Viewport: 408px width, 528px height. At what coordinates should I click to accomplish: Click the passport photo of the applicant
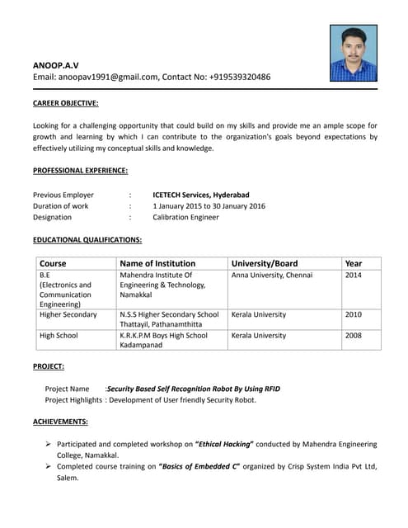(x=353, y=53)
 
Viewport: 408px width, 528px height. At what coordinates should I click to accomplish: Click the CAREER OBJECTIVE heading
(x=65, y=103)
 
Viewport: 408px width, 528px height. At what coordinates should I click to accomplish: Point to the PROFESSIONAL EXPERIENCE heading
(x=80, y=170)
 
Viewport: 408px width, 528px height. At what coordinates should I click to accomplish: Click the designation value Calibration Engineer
(x=185, y=217)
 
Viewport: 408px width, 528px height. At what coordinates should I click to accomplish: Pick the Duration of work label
(x=60, y=206)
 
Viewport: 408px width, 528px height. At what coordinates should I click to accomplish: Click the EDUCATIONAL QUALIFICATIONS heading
(x=87, y=240)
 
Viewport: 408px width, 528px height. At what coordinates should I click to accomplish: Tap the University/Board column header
(x=265, y=263)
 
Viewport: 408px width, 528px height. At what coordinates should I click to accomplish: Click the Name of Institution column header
(x=157, y=263)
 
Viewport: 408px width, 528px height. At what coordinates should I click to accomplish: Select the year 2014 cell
(x=353, y=276)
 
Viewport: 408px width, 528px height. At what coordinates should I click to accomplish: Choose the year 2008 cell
(x=353, y=336)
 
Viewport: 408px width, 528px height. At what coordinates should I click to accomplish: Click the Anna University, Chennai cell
(x=272, y=276)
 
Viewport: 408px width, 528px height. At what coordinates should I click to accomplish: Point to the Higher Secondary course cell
(x=68, y=314)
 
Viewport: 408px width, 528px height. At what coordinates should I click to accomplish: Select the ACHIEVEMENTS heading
(x=60, y=422)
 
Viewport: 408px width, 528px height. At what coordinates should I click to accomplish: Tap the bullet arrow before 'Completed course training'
(x=49, y=466)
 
